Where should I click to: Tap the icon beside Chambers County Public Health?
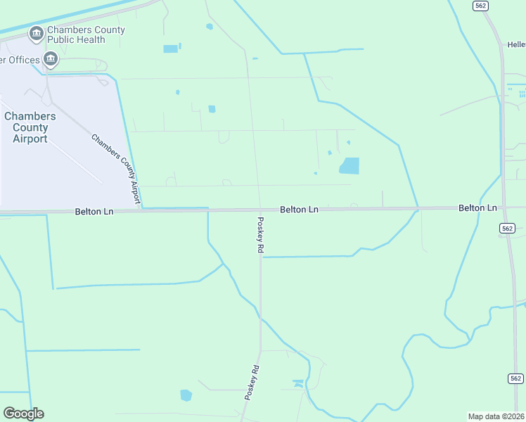pyautogui.click(x=35, y=34)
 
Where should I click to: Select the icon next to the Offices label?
pyautogui.click(x=50, y=60)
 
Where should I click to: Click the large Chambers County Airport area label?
pyautogui.click(x=30, y=127)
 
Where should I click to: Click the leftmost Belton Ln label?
pyautogui.click(x=94, y=211)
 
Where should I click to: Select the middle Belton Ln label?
pyautogui.click(x=299, y=210)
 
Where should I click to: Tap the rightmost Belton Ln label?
pyautogui.click(x=477, y=208)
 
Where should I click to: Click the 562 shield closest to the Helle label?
pyautogui.click(x=480, y=6)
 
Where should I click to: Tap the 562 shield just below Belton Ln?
pyautogui.click(x=508, y=228)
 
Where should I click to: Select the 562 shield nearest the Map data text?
pyautogui.click(x=515, y=378)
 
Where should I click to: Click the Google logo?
pyautogui.click(x=23, y=414)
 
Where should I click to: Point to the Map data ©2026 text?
pyautogui.click(x=496, y=416)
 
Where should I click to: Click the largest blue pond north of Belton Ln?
pyautogui.click(x=349, y=166)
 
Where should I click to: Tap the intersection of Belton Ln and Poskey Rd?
pyautogui.click(x=260, y=210)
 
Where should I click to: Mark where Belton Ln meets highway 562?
pyautogui.click(x=503, y=208)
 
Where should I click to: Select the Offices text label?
pyautogui.click(x=20, y=60)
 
